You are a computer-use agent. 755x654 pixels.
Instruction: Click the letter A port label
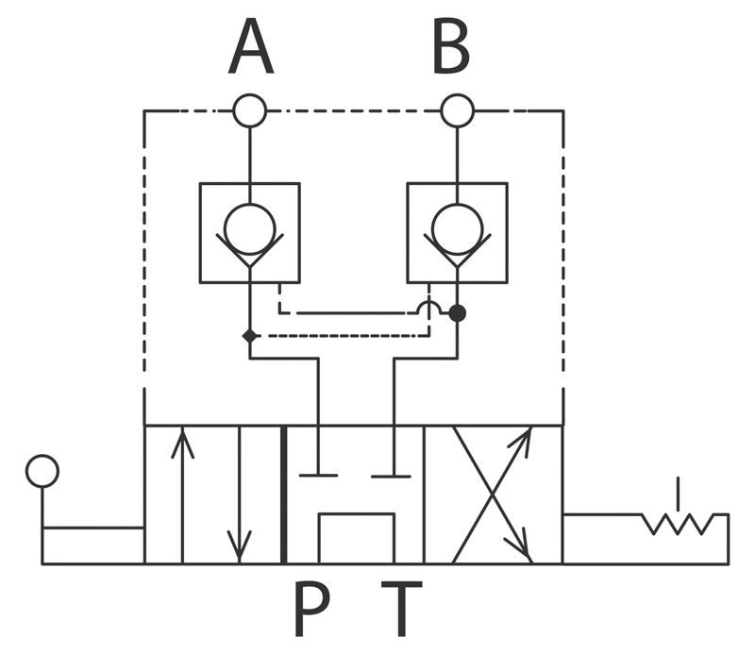click(x=251, y=46)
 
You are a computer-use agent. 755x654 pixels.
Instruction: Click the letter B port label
click(x=451, y=46)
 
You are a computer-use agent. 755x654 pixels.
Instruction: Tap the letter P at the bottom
click(x=311, y=609)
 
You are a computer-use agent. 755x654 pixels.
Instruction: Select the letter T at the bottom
click(x=402, y=609)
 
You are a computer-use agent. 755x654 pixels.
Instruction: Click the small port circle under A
click(x=249, y=110)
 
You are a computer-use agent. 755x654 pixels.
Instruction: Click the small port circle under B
click(x=458, y=110)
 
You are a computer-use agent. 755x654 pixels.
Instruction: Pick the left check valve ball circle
click(x=249, y=229)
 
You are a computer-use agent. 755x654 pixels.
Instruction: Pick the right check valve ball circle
click(x=458, y=229)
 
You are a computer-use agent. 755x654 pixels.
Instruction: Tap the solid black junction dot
click(x=458, y=313)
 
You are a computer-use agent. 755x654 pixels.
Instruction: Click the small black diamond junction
click(x=249, y=336)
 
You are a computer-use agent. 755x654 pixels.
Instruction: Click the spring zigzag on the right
click(x=678, y=525)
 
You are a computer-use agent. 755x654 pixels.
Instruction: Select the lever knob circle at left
click(x=42, y=472)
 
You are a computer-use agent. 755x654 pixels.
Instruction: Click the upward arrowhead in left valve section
click(x=182, y=443)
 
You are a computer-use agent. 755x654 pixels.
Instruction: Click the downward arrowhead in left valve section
click(x=240, y=546)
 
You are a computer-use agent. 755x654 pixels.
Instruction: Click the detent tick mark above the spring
click(x=679, y=494)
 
